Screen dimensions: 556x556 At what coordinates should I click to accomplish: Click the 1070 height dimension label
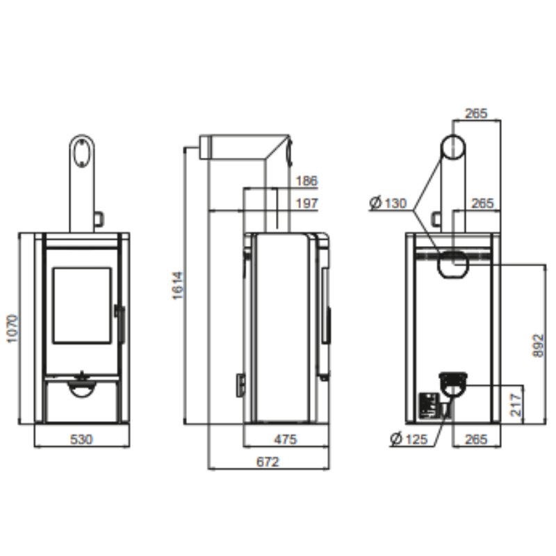coord(13,328)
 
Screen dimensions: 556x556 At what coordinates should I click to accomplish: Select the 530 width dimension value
coord(81,439)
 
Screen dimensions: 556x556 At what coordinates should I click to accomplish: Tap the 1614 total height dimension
coord(177,286)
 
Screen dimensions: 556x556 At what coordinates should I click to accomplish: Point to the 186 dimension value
coord(306,181)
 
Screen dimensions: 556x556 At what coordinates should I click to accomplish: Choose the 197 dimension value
coord(306,204)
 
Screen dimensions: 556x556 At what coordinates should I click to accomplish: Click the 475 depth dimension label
coord(286,440)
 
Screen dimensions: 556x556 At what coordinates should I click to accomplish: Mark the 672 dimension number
coord(268,461)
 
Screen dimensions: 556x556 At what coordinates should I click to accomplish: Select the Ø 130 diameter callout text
coord(388,203)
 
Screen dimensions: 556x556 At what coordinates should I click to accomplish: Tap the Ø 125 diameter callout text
coord(409,439)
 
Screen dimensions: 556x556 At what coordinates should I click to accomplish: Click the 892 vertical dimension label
coord(538,345)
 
